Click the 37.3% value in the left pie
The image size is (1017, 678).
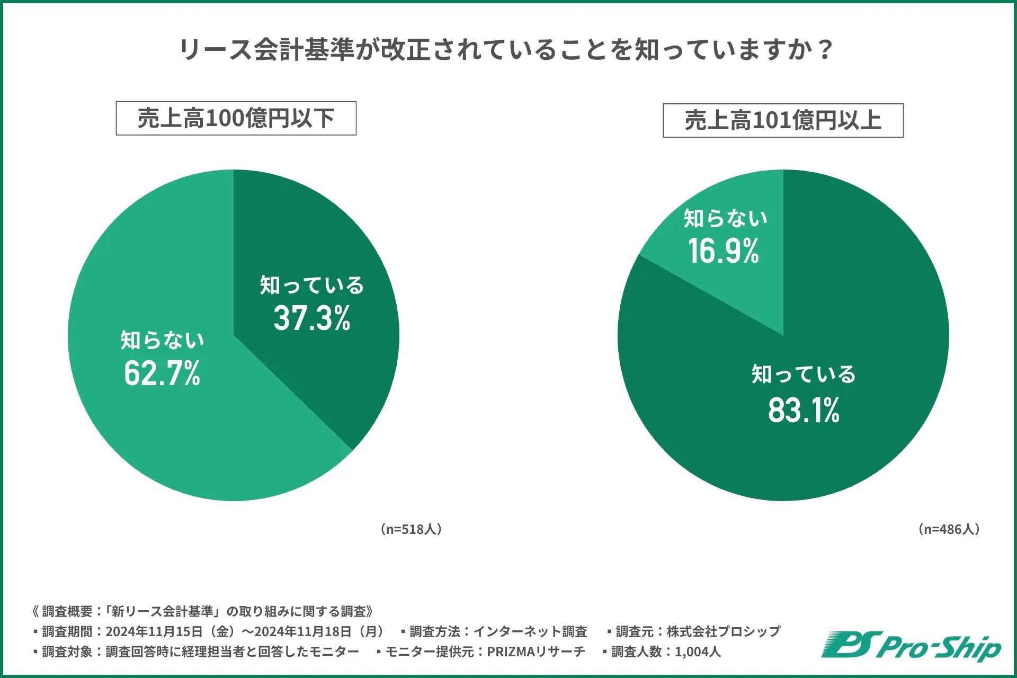(x=312, y=318)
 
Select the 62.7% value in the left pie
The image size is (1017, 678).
(x=162, y=373)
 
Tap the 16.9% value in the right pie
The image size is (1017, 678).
(x=724, y=251)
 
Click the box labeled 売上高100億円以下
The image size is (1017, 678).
(x=236, y=119)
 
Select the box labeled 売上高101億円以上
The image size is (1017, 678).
(x=783, y=121)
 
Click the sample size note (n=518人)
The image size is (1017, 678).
(x=411, y=529)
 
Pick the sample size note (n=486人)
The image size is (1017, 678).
(x=949, y=529)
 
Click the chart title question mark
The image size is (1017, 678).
(x=825, y=50)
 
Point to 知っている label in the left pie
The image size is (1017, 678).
(x=312, y=286)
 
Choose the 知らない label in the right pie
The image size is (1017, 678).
(x=725, y=218)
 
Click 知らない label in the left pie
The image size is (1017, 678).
(x=162, y=340)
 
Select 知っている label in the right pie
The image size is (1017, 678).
(x=804, y=374)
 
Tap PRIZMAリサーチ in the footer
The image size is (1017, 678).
(x=536, y=652)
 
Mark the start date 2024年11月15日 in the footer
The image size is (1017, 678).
(x=154, y=631)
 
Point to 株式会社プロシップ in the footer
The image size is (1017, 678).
(x=724, y=631)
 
